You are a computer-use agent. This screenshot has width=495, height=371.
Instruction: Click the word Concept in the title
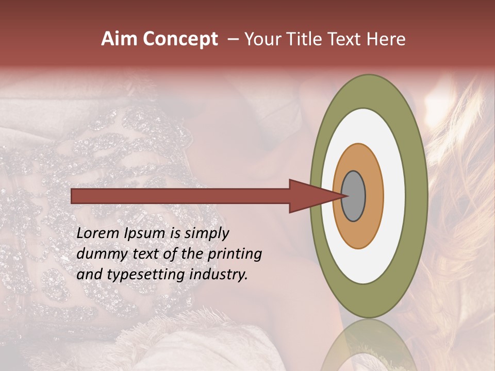point(180,39)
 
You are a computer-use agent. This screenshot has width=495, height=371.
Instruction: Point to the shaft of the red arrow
point(180,196)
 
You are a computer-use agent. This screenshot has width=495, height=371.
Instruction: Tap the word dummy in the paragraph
point(100,254)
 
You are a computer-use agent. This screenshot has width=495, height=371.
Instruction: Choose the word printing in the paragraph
point(235,254)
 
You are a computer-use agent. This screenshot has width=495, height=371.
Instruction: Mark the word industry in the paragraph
point(217,275)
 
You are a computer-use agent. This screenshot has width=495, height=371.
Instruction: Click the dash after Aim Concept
point(233,39)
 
